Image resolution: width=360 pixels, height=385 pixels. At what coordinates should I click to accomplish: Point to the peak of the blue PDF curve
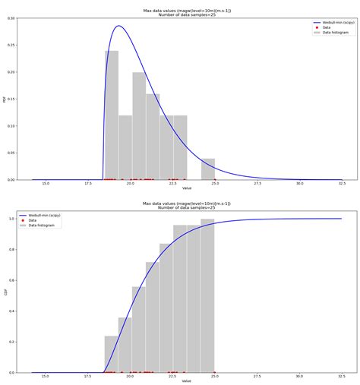click(x=118, y=26)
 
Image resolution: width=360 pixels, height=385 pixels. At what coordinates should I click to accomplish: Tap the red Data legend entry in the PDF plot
click(x=327, y=27)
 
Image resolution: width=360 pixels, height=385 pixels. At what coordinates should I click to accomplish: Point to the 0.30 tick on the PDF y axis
click(x=13, y=17)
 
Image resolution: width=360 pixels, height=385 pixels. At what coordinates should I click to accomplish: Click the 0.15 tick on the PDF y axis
click(x=13, y=99)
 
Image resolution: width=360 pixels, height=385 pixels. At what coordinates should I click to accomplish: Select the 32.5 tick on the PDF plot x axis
click(x=342, y=184)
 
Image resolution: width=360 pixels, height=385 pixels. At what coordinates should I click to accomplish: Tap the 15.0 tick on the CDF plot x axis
click(x=46, y=377)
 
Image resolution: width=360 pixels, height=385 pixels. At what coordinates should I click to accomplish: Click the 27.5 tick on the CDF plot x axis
click(x=257, y=377)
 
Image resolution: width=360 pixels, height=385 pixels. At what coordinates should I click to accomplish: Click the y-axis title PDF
click(x=5, y=99)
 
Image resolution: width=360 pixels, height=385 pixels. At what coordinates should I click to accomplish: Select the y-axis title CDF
click(x=5, y=292)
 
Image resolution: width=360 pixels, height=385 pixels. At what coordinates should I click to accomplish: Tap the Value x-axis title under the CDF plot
click(x=187, y=381)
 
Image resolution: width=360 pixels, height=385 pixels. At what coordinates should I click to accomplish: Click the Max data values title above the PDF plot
click(x=187, y=10)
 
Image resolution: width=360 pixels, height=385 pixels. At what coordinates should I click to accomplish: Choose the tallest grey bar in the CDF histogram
click(x=207, y=295)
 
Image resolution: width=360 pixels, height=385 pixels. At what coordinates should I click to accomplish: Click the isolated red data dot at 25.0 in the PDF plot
click(x=214, y=179)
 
